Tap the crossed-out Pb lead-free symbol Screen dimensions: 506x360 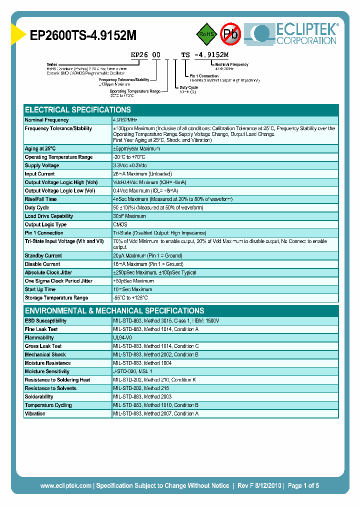[x=230, y=34]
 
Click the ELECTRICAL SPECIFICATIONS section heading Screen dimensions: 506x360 [x=78, y=110]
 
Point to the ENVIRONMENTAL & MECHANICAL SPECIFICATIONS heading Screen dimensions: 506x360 [x=114, y=310]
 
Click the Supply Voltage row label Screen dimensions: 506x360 [x=42, y=165]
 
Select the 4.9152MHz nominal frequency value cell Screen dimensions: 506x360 [x=125, y=120]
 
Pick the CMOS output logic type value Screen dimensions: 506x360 [x=120, y=224]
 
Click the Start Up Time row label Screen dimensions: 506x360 [x=40, y=289]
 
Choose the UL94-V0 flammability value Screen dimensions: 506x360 [x=122, y=337]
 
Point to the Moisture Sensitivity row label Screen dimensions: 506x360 [x=47, y=371]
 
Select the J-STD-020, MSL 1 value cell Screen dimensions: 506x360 [x=132, y=371]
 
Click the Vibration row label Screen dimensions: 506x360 [x=35, y=413]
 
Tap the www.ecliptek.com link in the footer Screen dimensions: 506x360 [x=65, y=485]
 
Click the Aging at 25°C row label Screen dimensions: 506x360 [x=40, y=148]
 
